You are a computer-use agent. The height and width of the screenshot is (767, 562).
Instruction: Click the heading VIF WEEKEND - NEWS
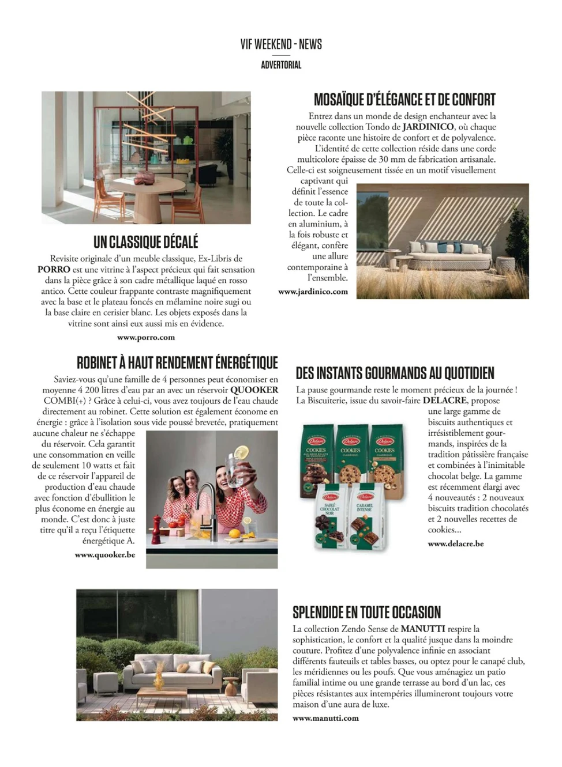click(x=281, y=44)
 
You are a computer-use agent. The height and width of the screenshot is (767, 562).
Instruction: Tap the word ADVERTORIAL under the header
click(x=281, y=65)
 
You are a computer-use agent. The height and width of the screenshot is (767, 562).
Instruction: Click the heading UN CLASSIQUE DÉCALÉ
click(x=146, y=241)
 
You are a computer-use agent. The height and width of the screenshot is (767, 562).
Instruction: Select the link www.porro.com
click(x=146, y=338)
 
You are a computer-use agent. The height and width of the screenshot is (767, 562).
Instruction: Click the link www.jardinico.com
click(x=313, y=292)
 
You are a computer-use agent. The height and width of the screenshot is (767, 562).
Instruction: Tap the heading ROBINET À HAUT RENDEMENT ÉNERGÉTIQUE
click(x=177, y=363)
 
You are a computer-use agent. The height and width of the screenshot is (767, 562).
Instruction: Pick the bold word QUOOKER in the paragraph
click(x=254, y=390)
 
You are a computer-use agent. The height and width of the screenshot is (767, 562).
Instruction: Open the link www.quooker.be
click(x=105, y=555)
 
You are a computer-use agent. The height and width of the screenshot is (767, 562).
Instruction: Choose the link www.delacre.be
click(x=456, y=543)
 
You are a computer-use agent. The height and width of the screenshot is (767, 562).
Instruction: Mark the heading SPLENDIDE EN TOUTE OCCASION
click(x=366, y=613)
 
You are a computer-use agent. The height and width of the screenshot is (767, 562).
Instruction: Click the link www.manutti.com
click(x=325, y=718)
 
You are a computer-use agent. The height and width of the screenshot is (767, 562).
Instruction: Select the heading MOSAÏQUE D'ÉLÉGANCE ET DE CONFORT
click(x=404, y=100)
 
